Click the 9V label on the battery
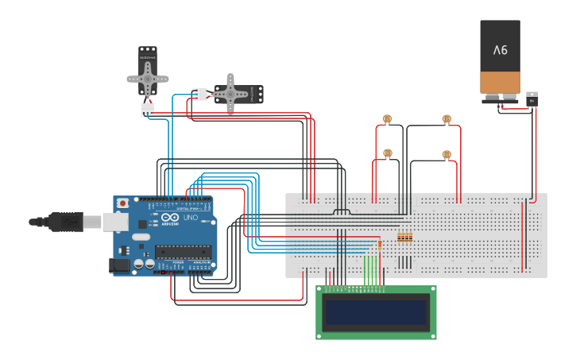coord(500,49)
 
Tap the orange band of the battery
coord(500,82)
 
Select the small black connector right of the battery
coord(532,99)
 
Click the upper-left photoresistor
coord(387,120)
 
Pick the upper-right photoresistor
coord(446,120)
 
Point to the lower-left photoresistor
coord(387,153)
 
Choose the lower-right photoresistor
coord(446,155)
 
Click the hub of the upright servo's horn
coord(148,78)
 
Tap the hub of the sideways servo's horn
coord(230,94)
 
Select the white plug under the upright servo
coord(148,110)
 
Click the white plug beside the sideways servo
coord(199,94)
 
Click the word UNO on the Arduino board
coord(191,218)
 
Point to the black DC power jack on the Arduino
coord(119,265)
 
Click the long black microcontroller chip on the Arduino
coord(183,252)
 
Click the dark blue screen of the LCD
coord(376,312)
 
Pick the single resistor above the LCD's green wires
coord(380,245)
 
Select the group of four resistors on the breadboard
coord(404,237)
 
